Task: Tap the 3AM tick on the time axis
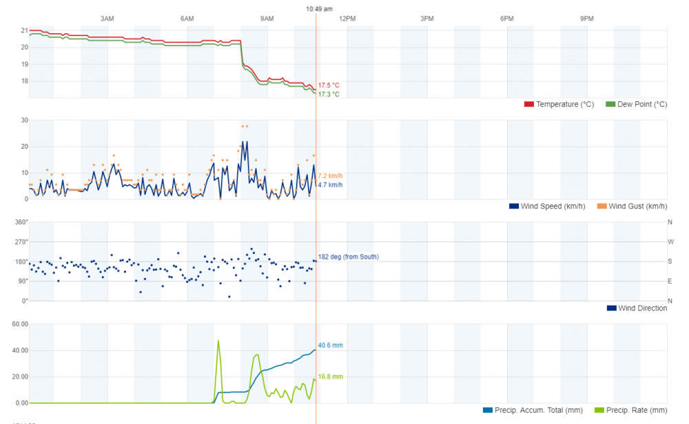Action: point(107,19)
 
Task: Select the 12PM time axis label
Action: point(347,19)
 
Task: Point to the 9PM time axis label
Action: point(587,19)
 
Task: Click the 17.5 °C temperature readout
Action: point(329,85)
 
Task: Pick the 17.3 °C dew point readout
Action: point(329,94)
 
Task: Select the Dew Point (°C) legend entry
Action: point(641,105)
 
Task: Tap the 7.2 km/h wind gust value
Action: point(330,176)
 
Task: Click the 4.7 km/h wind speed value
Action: point(330,185)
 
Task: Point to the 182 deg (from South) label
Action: point(348,257)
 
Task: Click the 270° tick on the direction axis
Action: point(21,242)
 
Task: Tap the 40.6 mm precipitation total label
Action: point(330,346)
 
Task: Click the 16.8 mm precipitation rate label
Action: point(330,377)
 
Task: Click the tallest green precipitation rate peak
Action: point(218,341)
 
